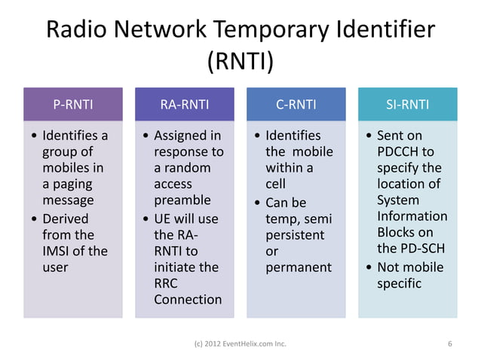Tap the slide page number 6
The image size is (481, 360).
point(449,345)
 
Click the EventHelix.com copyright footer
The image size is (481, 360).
point(240,345)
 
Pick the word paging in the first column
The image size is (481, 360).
point(73,185)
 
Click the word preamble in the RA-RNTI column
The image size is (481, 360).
point(182,201)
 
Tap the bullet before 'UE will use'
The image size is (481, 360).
point(146,219)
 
